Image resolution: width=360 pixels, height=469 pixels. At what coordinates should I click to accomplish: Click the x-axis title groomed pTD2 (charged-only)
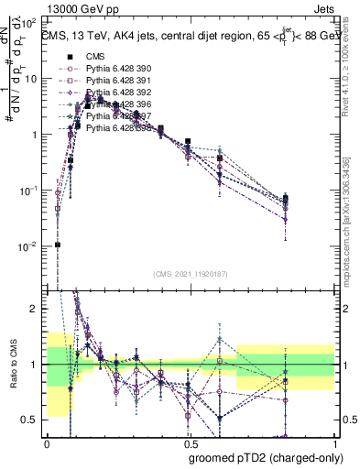point(264,456)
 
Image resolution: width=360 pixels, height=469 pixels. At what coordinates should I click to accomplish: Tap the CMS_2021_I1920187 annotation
point(191,273)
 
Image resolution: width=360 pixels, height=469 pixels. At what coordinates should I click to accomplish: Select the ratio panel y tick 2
point(37,309)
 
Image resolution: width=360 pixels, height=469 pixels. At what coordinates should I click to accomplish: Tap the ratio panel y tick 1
point(37,365)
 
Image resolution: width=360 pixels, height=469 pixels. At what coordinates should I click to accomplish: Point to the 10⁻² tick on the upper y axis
point(31,246)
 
